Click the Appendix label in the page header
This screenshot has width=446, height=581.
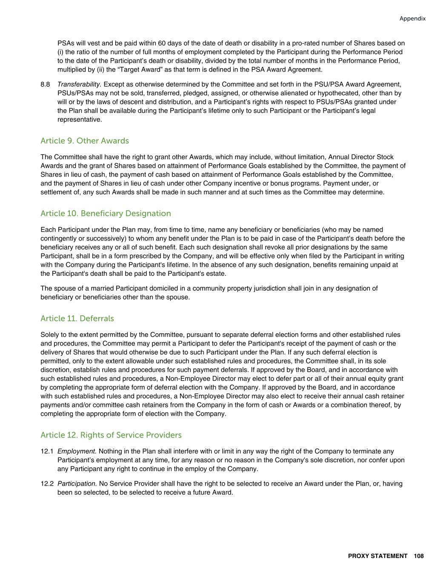click(412, 19)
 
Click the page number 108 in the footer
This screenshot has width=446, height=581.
click(418, 556)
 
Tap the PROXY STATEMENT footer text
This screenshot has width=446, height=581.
click(377, 556)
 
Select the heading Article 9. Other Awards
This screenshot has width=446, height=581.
click(85, 141)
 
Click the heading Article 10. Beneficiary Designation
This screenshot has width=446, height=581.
click(106, 214)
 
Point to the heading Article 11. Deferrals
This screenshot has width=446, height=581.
click(77, 318)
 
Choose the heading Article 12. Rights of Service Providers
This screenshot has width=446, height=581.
click(111, 435)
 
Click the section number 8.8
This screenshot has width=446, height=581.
click(45, 84)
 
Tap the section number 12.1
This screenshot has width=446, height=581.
click(47, 451)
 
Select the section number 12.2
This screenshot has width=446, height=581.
click(47, 484)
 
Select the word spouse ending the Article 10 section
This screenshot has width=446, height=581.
click(178, 297)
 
